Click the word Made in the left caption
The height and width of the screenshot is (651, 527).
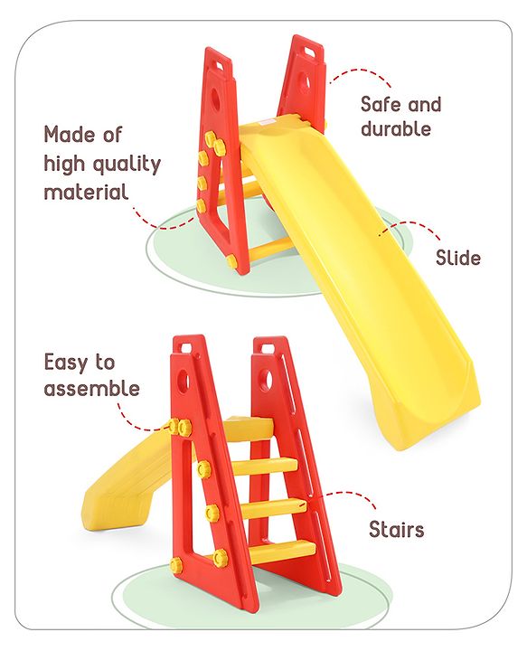[70, 135]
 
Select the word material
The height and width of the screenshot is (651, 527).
[86, 192]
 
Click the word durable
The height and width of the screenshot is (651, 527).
[396, 128]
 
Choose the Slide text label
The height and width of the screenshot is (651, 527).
[458, 258]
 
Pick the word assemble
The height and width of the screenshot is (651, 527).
[92, 389]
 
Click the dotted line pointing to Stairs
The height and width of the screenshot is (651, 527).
[348, 499]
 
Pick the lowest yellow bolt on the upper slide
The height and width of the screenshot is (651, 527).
[231, 261]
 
